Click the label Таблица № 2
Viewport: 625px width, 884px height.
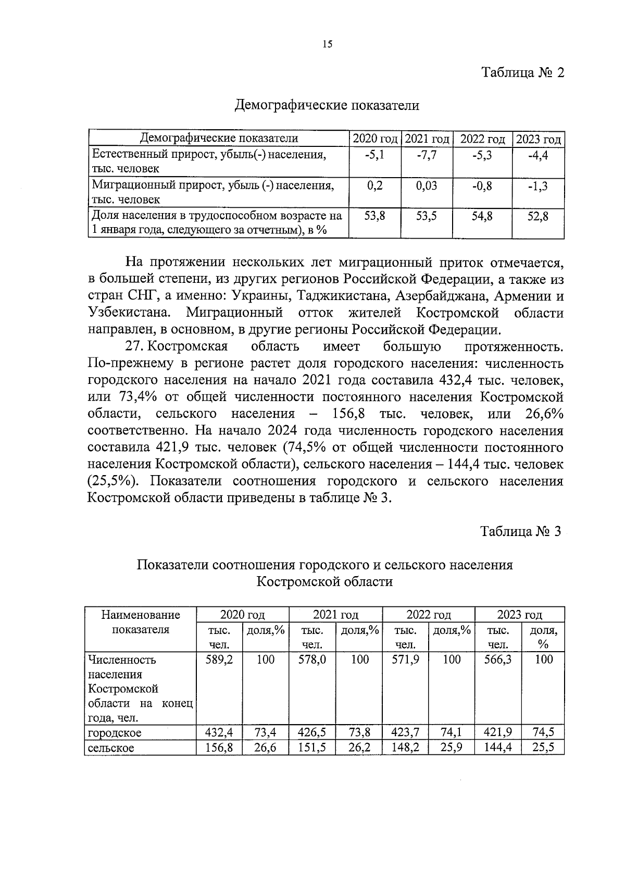(x=522, y=72)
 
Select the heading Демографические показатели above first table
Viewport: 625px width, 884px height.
(x=327, y=106)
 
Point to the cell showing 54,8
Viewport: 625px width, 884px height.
(x=482, y=216)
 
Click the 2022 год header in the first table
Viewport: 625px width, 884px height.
(x=482, y=139)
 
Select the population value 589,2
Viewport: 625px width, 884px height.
(x=219, y=659)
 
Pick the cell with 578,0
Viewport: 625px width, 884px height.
(x=312, y=659)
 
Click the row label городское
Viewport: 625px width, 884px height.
(x=114, y=733)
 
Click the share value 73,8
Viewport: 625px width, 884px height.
(x=359, y=732)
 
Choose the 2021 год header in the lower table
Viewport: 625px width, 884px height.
(x=335, y=615)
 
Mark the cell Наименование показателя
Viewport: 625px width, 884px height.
(x=140, y=622)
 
